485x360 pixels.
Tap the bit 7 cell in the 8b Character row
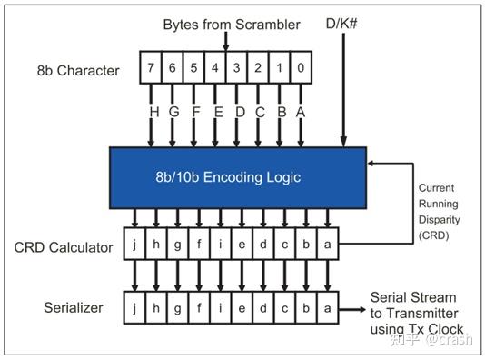coord(150,66)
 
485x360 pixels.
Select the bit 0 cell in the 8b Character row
coord(302,66)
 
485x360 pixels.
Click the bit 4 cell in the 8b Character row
coord(215,66)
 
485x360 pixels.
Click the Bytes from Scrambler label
coord(231,25)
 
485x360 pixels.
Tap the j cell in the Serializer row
coord(134,307)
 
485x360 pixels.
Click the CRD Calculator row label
coord(63,247)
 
